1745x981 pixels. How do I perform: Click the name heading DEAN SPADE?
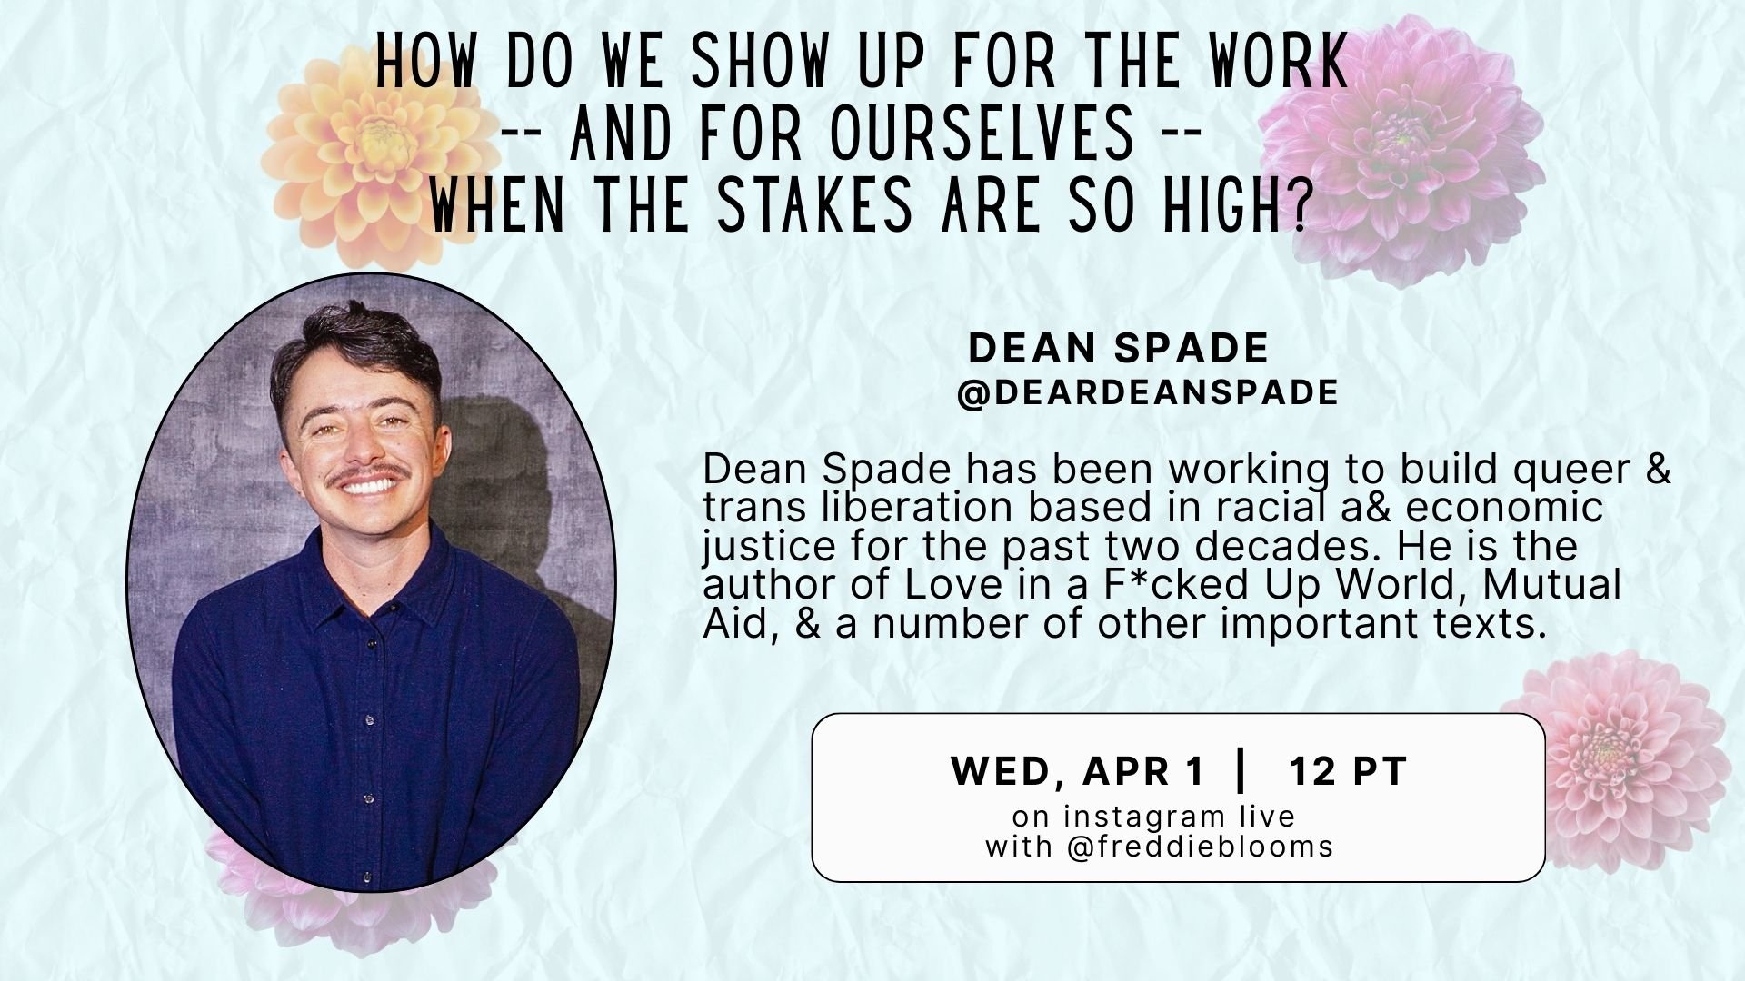[1118, 348]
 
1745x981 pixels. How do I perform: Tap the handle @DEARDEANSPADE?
[1147, 392]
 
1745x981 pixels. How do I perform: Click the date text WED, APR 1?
[1077, 772]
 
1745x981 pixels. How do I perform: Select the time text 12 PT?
[1348, 772]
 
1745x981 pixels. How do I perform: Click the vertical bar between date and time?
[1241, 771]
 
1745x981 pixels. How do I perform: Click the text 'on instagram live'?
[1153, 816]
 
